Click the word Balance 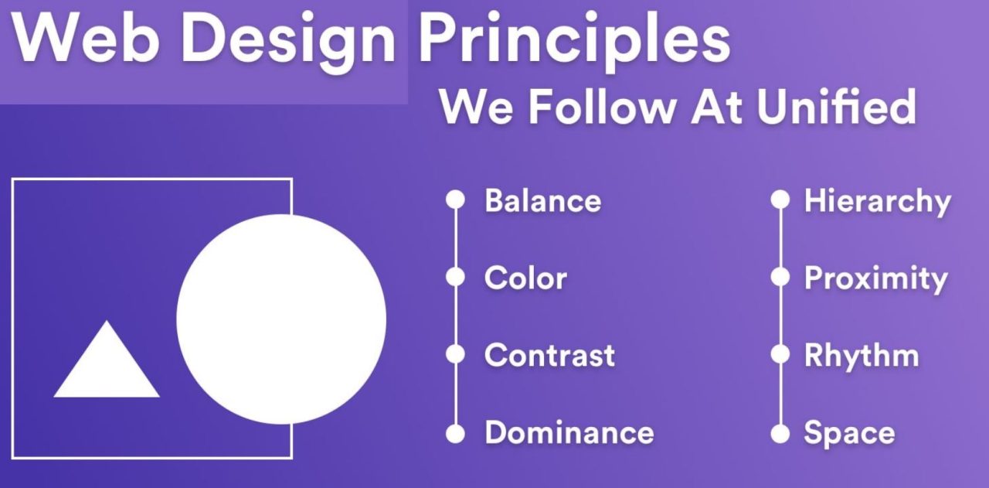click(542, 201)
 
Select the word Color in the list click(525, 278)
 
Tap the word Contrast click(549, 356)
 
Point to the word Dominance click(569, 433)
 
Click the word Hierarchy click(877, 201)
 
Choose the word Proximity click(875, 278)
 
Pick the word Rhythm click(862, 356)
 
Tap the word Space click(849, 433)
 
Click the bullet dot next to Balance click(456, 200)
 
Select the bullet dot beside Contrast click(456, 355)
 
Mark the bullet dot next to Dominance click(456, 433)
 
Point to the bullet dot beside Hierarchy click(780, 200)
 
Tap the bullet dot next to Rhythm click(780, 355)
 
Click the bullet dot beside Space click(780, 433)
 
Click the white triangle click(107, 367)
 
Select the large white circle click(281, 319)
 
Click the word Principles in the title click(573, 40)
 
